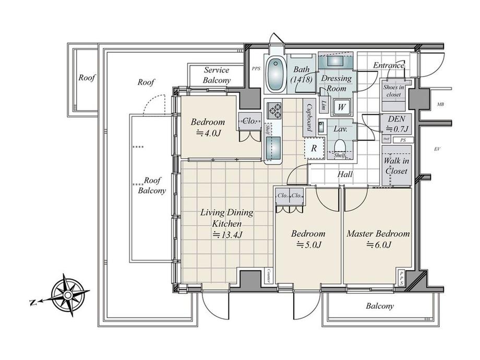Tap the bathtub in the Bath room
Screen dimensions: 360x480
click(275, 74)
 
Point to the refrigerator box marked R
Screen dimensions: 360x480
click(314, 148)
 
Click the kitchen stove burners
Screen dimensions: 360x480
click(274, 111)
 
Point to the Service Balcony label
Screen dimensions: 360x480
click(217, 75)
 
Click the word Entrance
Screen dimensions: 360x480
click(389, 66)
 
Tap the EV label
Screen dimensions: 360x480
click(437, 149)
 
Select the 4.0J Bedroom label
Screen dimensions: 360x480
click(208, 127)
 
